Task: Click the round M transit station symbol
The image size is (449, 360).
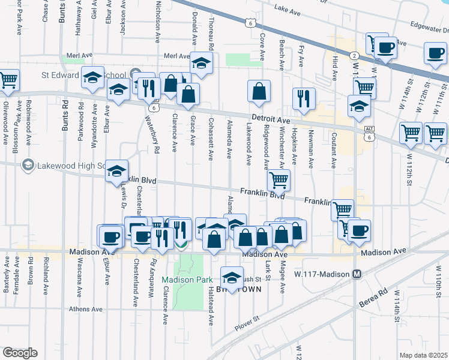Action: point(357,274)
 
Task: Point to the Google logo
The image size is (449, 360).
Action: point(19,353)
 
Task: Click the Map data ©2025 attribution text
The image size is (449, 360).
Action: point(423,355)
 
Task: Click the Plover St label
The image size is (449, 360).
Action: point(247,324)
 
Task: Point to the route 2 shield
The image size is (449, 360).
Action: point(355,55)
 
